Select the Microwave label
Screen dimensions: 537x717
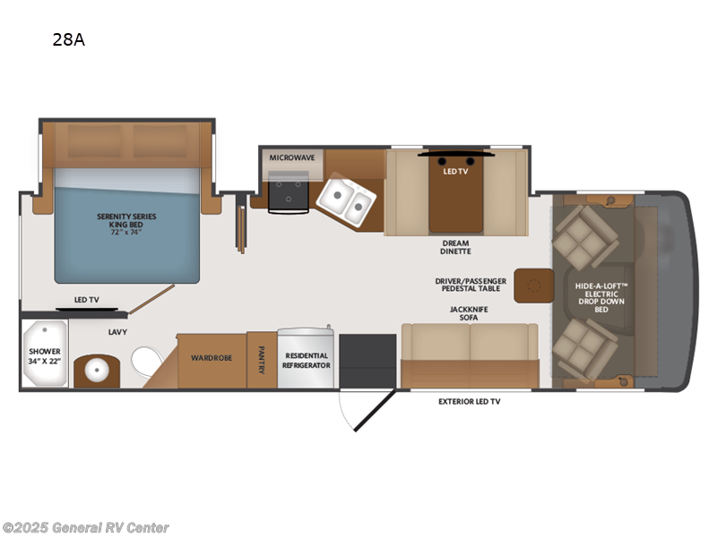pos(292,158)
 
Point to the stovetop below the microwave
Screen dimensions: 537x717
pos(289,191)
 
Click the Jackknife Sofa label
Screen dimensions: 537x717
pos(470,312)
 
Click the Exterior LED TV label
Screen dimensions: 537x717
pos(469,402)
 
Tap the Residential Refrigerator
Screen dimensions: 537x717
pos(307,360)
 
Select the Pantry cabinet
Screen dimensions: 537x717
pos(262,361)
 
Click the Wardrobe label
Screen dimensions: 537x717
pos(212,358)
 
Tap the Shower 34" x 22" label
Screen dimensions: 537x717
pos(43,354)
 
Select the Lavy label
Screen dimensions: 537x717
pos(117,332)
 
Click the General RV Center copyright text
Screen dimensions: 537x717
pos(85,527)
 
